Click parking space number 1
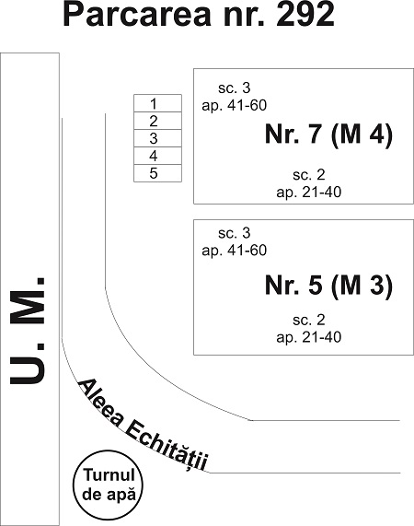157,103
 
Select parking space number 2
157,121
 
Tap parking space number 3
157,138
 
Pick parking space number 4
157,156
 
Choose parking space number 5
157,173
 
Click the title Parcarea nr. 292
199,15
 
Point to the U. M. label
27,331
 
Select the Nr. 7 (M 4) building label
328,134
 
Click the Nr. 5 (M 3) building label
328,286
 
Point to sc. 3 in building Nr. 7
234,88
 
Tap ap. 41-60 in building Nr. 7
234,106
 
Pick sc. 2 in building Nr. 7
309,175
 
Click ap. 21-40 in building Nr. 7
309,193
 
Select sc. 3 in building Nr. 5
234,233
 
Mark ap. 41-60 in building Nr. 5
234,251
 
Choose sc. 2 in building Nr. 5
309,320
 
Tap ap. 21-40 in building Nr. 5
309,337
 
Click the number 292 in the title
305,15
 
